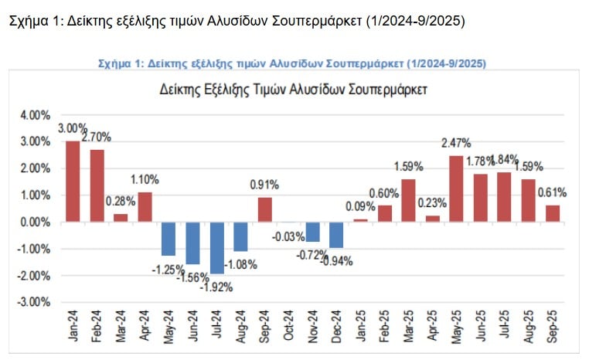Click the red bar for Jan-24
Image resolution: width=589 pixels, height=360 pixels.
point(73,181)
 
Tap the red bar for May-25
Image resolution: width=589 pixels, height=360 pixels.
point(456,188)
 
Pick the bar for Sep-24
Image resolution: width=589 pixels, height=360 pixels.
point(264,209)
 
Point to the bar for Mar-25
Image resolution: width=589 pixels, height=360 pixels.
point(408,200)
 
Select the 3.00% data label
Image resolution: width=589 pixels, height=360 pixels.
point(73,129)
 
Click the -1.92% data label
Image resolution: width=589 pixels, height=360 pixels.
point(217,287)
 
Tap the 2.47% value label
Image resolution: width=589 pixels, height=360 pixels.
point(456,143)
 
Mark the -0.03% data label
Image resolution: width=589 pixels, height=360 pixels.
point(288,236)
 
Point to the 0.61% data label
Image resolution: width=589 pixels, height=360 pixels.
point(552,192)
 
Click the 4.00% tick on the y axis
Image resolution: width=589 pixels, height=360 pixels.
point(34,115)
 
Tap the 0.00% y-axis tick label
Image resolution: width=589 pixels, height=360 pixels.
point(34,222)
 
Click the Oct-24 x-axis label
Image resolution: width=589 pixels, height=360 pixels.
point(289,327)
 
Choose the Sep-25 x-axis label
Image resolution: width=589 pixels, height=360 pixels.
point(553,327)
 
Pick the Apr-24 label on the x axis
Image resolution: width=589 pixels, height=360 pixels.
point(145,327)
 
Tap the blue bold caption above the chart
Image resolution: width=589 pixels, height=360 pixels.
point(293,62)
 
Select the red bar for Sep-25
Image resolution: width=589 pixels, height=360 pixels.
point(552,212)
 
